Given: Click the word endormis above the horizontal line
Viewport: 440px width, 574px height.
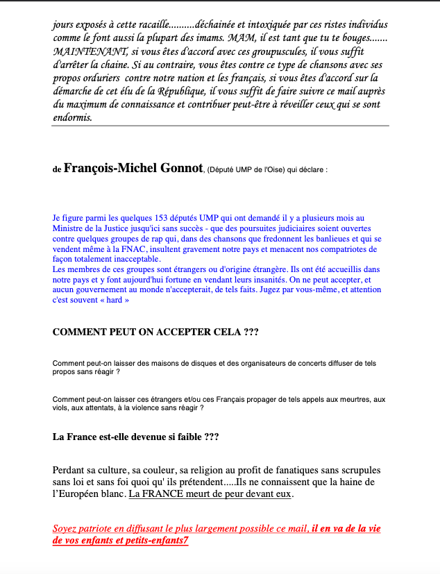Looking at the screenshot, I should (71, 117).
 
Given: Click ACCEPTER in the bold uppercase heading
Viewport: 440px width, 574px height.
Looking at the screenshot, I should (187, 332).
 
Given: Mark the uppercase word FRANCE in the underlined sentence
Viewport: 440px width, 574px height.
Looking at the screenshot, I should (162, 495).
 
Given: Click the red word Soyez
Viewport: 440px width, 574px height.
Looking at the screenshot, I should (67, 529).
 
